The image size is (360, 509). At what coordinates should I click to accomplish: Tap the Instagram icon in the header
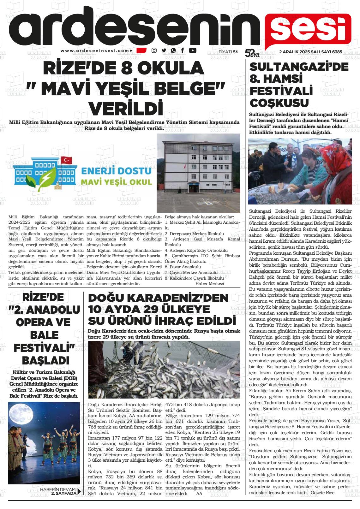click(154, 50)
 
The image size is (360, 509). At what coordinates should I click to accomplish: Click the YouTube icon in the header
click(193, 50)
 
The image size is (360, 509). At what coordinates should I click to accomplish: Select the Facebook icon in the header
click(183, 50)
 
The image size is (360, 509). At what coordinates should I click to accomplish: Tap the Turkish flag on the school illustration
click(66, 160)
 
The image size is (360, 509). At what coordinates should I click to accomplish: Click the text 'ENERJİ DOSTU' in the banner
click(117, 171)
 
